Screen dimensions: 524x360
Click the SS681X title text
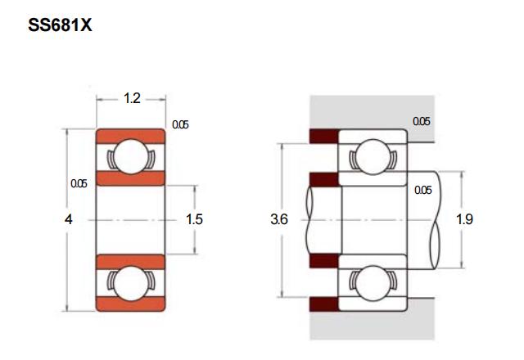(60, 25)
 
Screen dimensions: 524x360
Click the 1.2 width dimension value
(132, 98)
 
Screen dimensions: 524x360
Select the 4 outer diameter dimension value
(69, 219)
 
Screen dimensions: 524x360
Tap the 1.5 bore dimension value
(194, 219)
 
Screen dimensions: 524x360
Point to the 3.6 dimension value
(279, 219)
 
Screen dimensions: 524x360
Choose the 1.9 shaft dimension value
(464, 219)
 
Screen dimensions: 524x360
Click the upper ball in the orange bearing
(131, 156)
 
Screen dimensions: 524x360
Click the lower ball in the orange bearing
(131, 284)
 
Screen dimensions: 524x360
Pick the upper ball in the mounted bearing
(373, 156)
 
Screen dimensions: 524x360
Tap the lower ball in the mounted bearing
(373, 284)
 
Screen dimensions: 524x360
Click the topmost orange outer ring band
(131, 137)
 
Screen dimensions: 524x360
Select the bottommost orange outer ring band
(131, 304)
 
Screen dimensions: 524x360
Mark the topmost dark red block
(324, 136)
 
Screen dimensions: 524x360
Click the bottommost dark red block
(324, 304)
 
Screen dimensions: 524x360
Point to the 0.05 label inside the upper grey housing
(422, 121)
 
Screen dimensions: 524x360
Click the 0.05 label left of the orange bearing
(79, 183)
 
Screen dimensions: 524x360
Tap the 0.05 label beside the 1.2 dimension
(180, 124)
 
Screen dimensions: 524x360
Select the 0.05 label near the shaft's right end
(423, 190)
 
